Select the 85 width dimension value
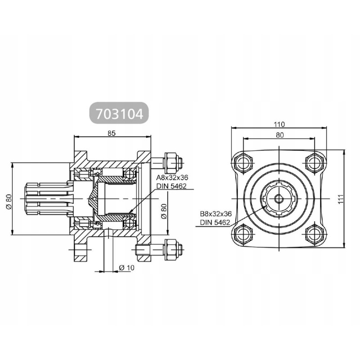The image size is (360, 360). click(112, 133)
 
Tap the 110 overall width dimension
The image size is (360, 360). click(279, 125)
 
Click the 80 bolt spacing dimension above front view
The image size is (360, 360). click(279, 135)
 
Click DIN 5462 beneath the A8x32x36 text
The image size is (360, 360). click(171, 186)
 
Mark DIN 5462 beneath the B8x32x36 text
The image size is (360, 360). click(216, 222)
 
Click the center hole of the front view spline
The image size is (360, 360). click(279, 198)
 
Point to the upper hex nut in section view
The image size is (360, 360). click(173, 161)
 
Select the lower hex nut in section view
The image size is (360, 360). click(173, 247)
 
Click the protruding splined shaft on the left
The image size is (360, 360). click(45, 198)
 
